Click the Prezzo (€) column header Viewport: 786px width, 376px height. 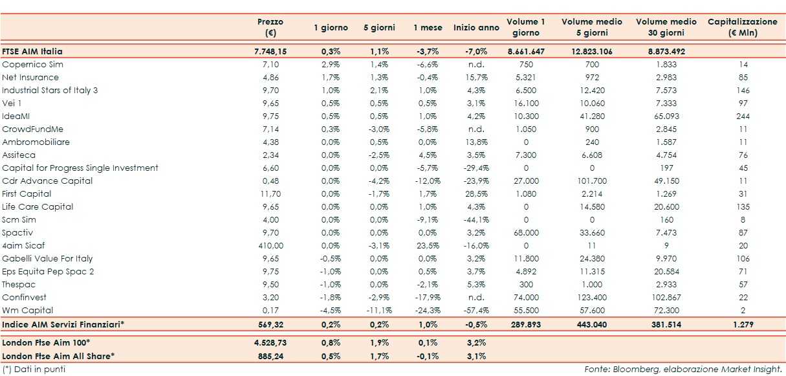[270, 27]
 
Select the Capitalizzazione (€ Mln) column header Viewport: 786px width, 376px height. [742, 27]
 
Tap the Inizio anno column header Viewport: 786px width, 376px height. [476, 28]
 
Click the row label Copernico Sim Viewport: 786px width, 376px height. [33, 65]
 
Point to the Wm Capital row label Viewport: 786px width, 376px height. [27, 310]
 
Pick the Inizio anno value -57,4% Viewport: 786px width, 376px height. [475, 310]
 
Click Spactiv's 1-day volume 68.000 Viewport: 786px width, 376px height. [525, 232]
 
